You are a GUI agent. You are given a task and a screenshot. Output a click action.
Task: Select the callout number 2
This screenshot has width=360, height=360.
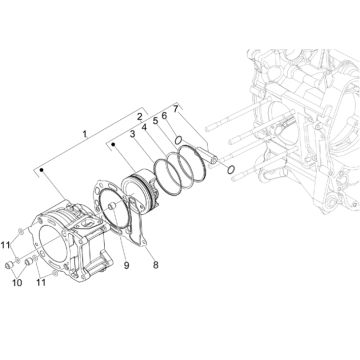click(139, 118)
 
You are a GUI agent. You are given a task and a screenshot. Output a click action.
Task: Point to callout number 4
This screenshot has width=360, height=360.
click(145, 127)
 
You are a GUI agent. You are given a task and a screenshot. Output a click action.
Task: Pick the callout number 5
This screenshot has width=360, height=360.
click(155, 122)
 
